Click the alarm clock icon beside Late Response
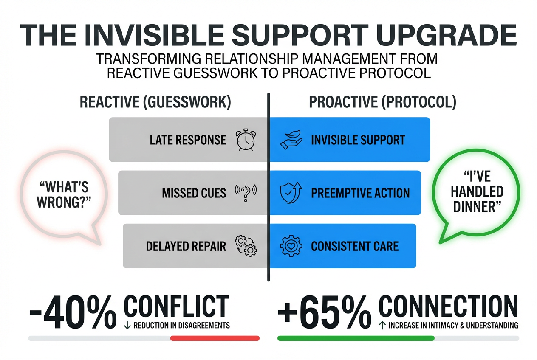[x=246, y=140]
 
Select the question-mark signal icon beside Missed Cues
[x=246, y=193]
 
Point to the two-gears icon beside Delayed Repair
[x=246, y=246]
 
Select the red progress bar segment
[x=215, y=338]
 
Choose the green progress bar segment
[x=356, y=338]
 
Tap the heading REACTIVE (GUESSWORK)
[x=155, y=103]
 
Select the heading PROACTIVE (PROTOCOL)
[x=382, y=103]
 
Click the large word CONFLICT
[x=176, y=305]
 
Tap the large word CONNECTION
[x=448, y=305]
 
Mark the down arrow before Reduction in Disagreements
[x=127, y=326]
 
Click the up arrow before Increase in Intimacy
[x=382, y=326]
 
